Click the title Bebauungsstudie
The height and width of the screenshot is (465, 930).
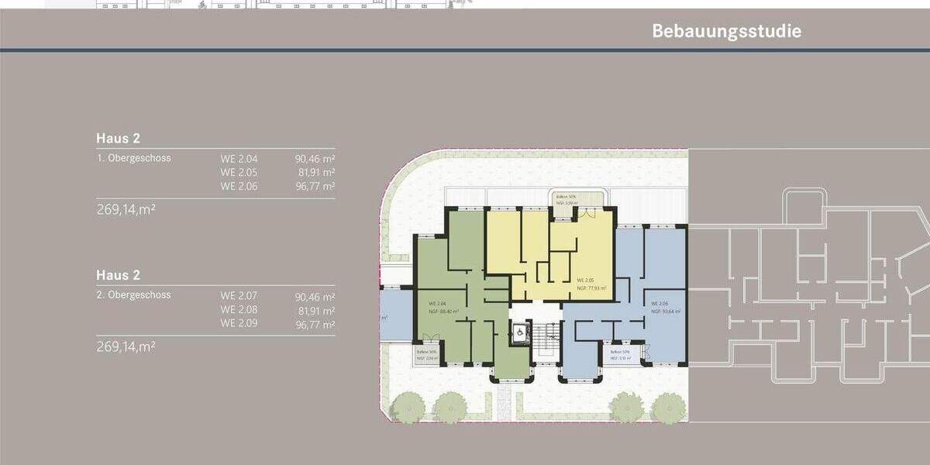pos(726,32)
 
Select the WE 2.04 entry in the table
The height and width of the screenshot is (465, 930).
pos(238,158)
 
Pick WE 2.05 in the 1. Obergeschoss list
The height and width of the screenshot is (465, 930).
pos(238,172)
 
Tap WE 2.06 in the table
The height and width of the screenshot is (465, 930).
pos(238,186)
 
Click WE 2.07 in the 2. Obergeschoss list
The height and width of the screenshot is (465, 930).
pos(238,296)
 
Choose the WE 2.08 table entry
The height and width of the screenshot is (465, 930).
pos(238,310)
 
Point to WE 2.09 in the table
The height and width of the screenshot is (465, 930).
pos(238,324)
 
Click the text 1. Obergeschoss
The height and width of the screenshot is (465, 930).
pos(134,158)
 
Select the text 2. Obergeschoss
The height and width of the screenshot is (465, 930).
pos(134,295)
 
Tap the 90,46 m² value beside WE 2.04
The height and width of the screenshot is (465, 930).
pos(315,158)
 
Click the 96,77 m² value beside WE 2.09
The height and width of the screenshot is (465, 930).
pos(315,324)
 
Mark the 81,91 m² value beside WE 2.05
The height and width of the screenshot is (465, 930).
pos(315,172)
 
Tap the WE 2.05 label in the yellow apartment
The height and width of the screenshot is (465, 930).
pos(585,280)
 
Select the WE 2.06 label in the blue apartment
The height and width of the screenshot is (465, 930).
pos(660,303)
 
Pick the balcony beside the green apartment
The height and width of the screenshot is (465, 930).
pos(427,356)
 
